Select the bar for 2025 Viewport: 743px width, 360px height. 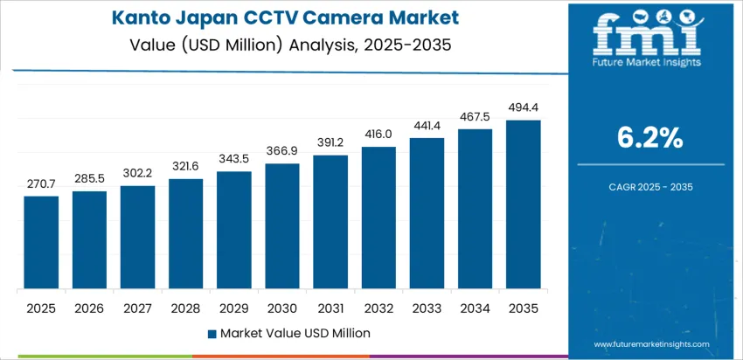[41, 243]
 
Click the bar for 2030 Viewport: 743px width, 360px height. [282, 226]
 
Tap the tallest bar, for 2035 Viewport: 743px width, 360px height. [523, 204]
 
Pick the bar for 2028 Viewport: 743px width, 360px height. [185, 234]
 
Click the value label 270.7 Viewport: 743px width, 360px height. [41, 184]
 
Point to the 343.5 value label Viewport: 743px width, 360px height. [234, 160]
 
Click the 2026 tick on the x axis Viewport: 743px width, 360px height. [89, 308]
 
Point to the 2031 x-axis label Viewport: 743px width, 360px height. [330, 308]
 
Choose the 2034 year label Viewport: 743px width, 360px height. [475, 308]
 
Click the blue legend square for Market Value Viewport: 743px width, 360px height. [212, 333]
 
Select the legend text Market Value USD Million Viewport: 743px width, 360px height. [295, 333]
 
